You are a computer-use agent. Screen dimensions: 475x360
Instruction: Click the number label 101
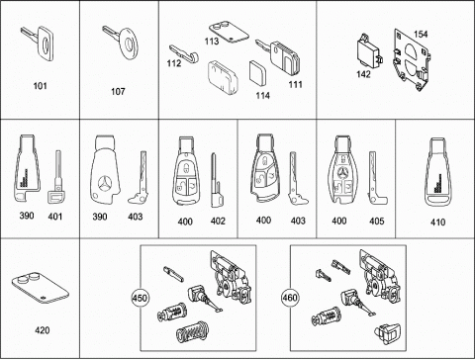(40, 86)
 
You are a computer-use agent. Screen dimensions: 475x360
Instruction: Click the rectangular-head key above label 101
(39, 43)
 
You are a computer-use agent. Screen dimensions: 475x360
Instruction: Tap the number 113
(212, 42)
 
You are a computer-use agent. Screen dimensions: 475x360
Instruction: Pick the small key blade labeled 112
(184, 53)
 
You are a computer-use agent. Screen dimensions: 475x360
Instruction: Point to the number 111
(296, 85)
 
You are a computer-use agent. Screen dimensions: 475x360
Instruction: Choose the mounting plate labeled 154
(412, 60)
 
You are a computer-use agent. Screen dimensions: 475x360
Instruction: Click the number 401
(55, 217)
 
